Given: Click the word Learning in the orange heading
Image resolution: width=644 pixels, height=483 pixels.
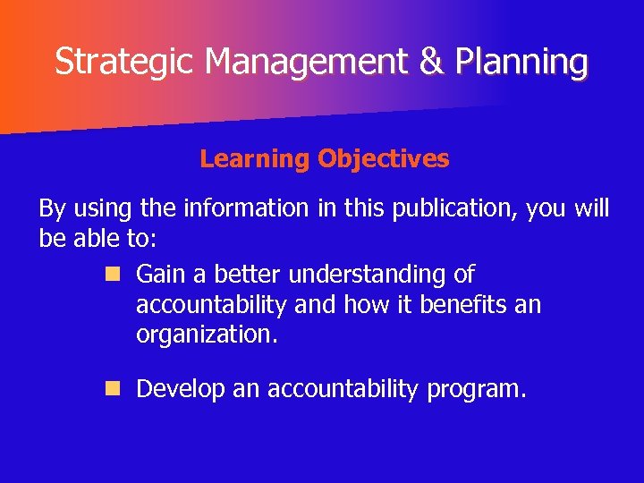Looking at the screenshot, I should (254, 159).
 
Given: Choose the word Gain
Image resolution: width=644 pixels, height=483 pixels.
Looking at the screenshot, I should (160, 274).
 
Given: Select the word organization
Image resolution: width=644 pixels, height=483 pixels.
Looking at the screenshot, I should (207, 335).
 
